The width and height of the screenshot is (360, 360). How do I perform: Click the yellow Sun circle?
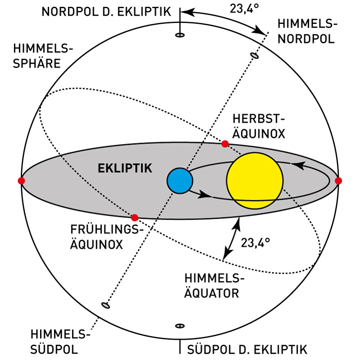[255, 181]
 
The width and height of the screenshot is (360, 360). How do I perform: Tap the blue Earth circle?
[180, 180]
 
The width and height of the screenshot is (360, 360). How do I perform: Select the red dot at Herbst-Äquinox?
[225, 144]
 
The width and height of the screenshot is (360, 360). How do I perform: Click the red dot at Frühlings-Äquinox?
[134, 217]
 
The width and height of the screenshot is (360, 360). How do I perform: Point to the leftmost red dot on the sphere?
[21, 180]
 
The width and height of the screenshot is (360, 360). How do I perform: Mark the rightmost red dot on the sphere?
[338, 180]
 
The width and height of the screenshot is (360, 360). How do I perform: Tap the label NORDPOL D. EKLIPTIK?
[106, 11]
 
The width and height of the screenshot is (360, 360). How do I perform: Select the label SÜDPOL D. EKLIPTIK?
[247, 350]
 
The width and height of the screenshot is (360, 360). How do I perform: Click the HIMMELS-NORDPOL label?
[306, 31]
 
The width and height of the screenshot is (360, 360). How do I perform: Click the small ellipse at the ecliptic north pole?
[180, 35]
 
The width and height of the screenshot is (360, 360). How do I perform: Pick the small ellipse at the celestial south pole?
[106, 306]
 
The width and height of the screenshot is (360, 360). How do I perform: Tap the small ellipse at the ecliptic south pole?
[180, 325]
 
